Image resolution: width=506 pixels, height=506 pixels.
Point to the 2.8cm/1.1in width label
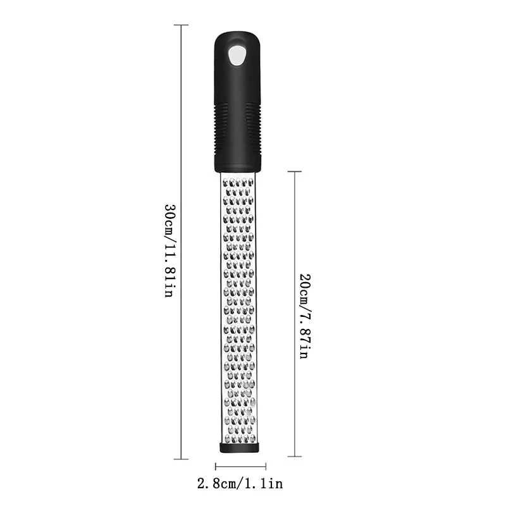pos(241,485)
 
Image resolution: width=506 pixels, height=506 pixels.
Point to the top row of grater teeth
pos(240,184)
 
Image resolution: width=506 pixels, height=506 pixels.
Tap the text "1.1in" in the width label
pos(266,485)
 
